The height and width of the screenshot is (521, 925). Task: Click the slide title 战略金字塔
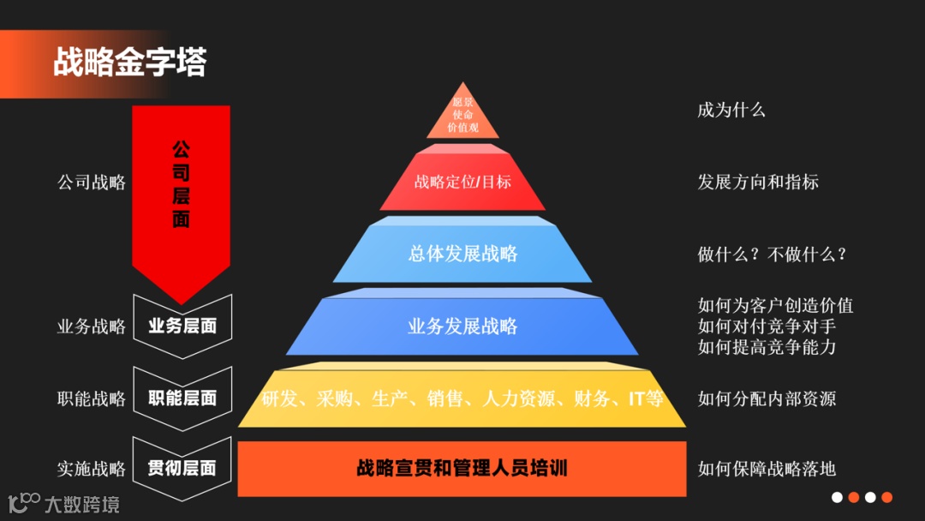[129, 63]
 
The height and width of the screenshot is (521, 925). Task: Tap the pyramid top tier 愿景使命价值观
[462, 115]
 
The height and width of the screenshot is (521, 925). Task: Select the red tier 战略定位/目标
[462, 182]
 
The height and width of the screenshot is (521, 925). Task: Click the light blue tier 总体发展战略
[462, 254]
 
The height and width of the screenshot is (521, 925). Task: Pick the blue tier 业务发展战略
[462, 326]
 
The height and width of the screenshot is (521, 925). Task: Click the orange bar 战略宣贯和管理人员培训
[462, 469]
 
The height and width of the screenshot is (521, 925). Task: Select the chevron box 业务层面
[182, 326]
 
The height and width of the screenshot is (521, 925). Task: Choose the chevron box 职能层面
[182, 398]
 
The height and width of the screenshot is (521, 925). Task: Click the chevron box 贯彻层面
[182, 469]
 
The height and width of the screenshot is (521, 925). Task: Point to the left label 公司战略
[92, 183]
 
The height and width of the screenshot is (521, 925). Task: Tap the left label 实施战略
[92, 469]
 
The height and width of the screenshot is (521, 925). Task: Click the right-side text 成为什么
[731, 110]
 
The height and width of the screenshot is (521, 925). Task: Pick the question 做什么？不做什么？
[773, 255]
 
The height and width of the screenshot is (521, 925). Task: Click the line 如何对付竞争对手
[767, 326]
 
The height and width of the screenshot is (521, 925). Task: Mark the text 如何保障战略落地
[767, 469]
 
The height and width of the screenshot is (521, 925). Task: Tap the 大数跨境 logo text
[81, 504]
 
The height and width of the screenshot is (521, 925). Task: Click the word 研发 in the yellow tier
[278, 398]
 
